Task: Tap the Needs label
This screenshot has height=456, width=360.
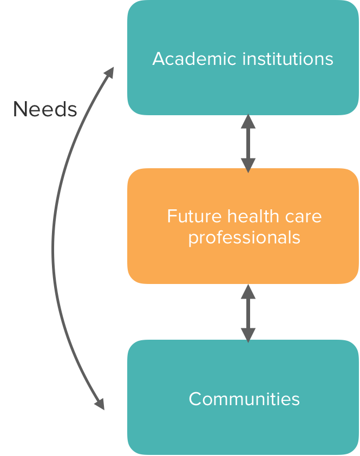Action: click(45, 109)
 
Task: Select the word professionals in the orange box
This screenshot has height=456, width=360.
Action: click(244, 237)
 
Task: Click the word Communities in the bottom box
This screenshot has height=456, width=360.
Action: click(244, 399)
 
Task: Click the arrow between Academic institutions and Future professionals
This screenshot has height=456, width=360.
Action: click(248, 143)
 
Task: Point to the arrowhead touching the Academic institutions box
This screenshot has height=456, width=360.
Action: click(248, 121)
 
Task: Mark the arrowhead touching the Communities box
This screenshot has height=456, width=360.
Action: click(248, 335)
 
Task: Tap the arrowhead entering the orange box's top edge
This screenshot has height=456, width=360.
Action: click(248, 164)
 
